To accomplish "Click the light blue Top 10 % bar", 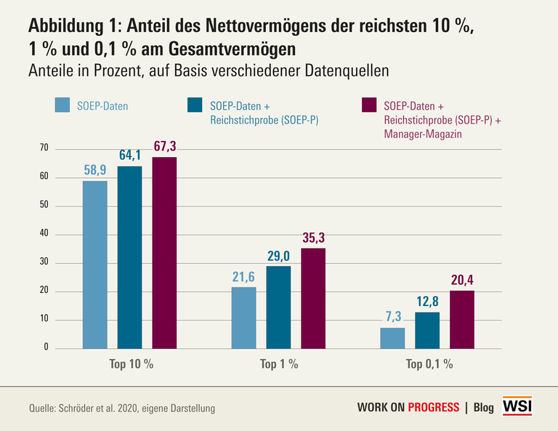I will [94, 265].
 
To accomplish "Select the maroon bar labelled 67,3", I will [164, 253].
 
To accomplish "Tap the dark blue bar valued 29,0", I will [278, 307].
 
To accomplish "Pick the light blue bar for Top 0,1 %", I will [393, 338].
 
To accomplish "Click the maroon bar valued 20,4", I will [462, 320].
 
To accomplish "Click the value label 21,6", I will [243, 278].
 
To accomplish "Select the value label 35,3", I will [313, 238].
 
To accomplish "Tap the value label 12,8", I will [428, 302].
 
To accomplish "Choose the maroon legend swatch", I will [371, 106].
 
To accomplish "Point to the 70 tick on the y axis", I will [44, 148].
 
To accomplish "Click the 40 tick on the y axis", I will [44, 234].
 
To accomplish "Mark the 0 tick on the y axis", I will [46, 347].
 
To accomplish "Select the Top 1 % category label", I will [279, 364].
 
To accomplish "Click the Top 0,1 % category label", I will [428, 364].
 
